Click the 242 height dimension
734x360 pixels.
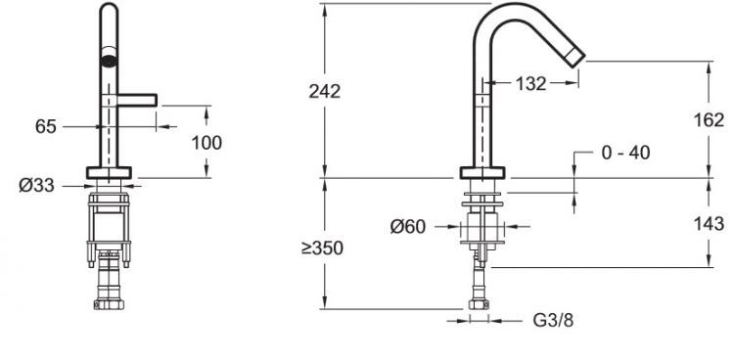coord(324,91)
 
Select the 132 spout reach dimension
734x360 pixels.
coord(530,85)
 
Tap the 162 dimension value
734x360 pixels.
coord(709,121)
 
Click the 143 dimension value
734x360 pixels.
coord(709,223)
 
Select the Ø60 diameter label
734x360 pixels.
coord(407,227)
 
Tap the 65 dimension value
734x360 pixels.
coord(45,126)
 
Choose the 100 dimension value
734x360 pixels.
coord(206,142)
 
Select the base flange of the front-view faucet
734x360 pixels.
coord(108,174)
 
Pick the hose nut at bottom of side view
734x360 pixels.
coord(481,302)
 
